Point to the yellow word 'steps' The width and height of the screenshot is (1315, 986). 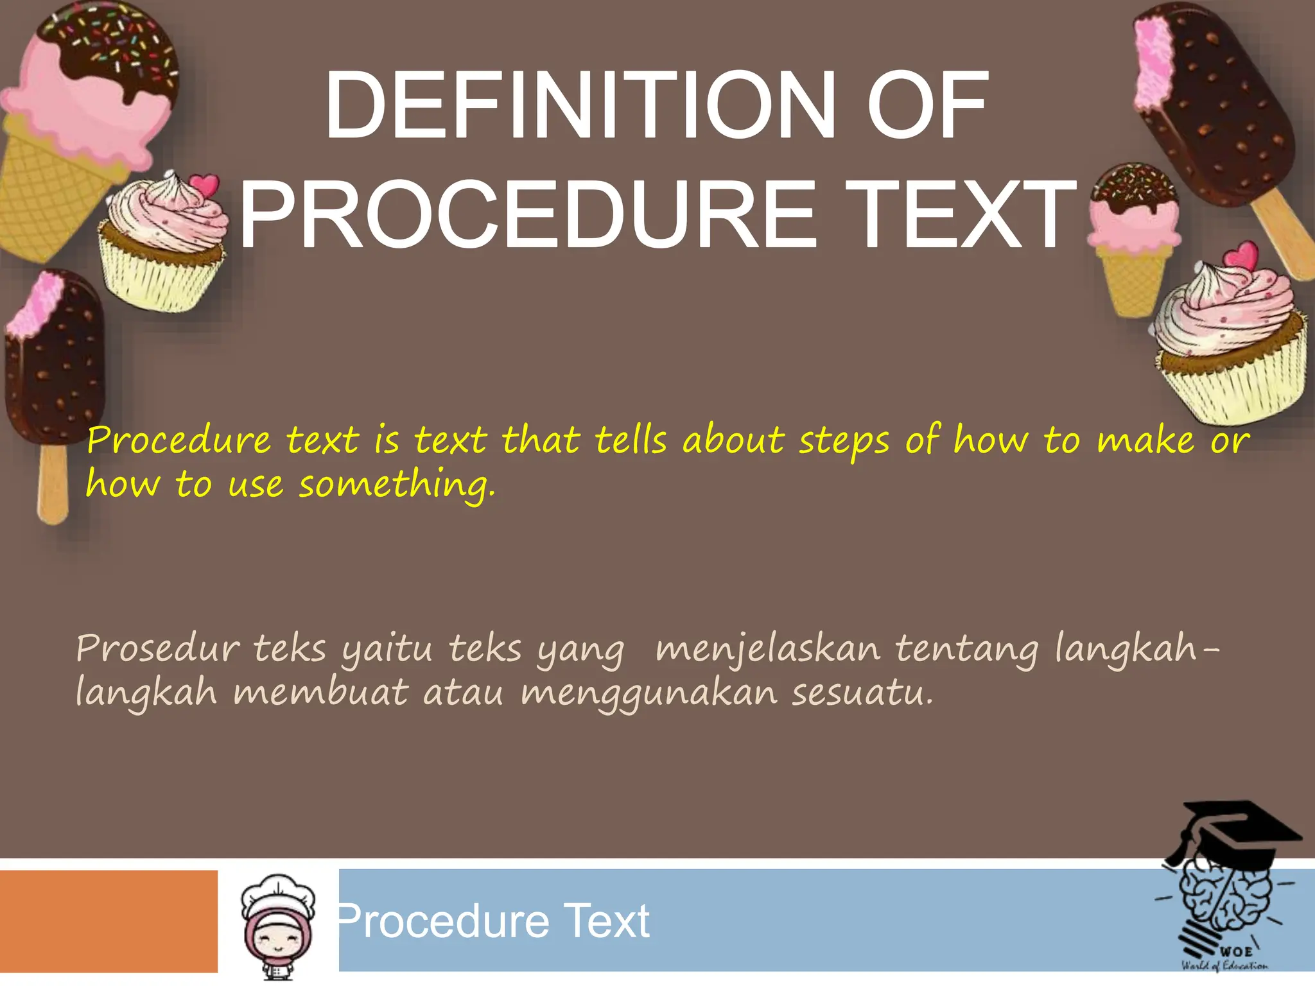[x=844, y=442]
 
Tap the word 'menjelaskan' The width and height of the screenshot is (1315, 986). [x=768, y=650]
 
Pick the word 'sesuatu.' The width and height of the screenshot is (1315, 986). [x=862, y=693]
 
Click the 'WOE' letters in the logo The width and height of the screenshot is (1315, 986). [x=1235, y=951]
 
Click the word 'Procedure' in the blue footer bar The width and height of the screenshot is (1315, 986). [x=443, y=922]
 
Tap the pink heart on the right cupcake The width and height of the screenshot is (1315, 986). [x=1241, y=257]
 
